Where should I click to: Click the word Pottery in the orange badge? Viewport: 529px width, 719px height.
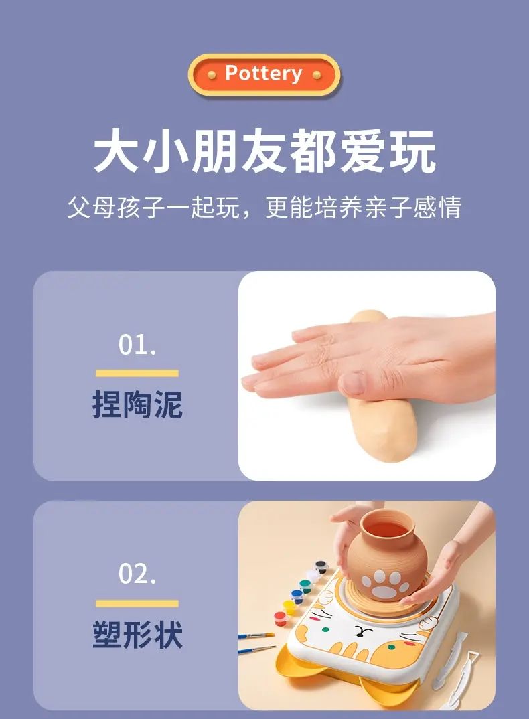263,74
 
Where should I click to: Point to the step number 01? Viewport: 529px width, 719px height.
137,344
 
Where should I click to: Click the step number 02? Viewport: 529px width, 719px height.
137,573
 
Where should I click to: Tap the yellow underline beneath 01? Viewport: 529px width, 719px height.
137,374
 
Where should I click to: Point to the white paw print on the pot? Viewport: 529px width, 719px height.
384,584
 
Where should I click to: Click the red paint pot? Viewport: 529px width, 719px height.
281,619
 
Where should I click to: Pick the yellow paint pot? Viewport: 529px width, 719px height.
289,607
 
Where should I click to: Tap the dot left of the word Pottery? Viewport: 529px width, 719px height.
212,75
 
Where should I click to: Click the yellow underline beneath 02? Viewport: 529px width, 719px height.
137,603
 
